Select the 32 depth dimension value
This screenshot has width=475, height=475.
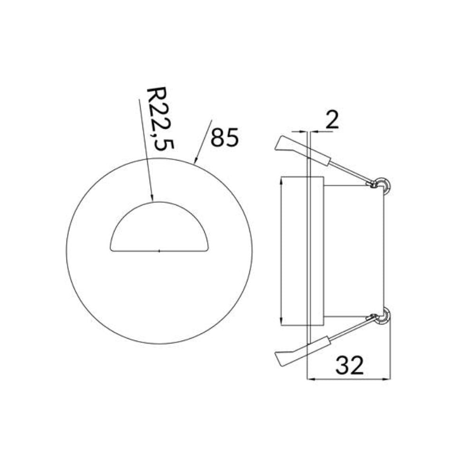[x=350, y=365]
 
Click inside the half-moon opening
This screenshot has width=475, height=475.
[x=159, y=230]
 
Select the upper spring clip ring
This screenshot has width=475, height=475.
[x=382, y=184]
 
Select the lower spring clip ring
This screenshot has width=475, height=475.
[x=382, y=317]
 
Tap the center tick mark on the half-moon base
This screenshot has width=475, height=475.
[x=159, y=249]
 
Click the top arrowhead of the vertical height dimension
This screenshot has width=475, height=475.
[x=282, y=180]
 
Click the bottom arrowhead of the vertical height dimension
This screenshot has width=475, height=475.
[x=282, y=323]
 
